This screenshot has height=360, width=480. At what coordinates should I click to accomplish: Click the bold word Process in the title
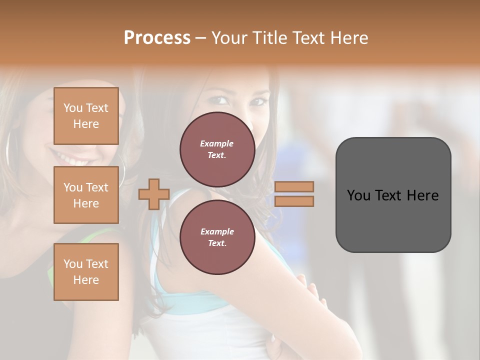[157, 37]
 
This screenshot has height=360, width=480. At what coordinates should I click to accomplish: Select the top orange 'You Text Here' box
[86, 115]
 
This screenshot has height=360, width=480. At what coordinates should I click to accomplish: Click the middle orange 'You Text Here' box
[86, 195]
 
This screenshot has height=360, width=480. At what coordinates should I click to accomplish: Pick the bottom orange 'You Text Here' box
[86, 271]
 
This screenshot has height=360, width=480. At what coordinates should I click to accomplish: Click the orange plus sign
[154, 194]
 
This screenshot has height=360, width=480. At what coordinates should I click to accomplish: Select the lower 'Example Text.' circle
[217, 237]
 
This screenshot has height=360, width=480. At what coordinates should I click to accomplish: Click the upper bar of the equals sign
[294, 186]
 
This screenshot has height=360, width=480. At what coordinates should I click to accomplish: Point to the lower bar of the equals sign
[294, 201]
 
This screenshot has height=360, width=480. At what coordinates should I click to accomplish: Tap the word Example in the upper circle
[217, 143]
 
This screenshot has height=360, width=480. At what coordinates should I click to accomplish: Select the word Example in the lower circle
[217, 231]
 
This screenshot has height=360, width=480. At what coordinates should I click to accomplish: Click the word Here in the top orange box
[86, 123]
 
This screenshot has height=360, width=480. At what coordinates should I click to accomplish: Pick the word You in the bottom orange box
[73, 263]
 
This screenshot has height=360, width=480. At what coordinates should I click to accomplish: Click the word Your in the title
[228, 37]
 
